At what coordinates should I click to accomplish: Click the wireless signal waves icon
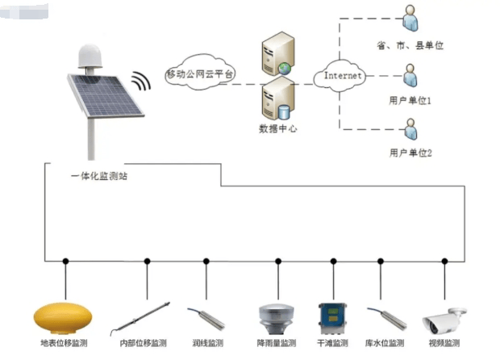click(141, 82)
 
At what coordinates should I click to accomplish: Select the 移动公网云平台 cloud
click(199, 74)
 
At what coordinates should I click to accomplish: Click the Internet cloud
click(344, 76)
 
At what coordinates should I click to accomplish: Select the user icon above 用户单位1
click(409, 76)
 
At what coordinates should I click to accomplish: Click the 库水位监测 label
click(385, 344)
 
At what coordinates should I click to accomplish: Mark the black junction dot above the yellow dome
click(65, 262)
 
